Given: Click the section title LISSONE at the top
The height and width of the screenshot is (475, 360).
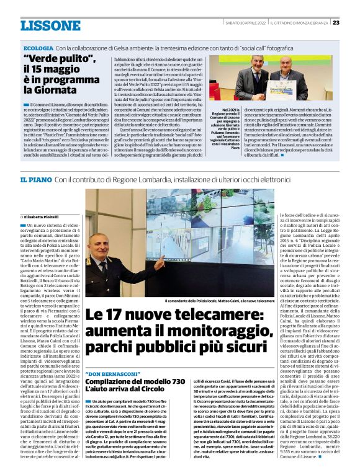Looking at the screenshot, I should [50, 25].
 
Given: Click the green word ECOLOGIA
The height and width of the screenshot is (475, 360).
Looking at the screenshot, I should [38, 48].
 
